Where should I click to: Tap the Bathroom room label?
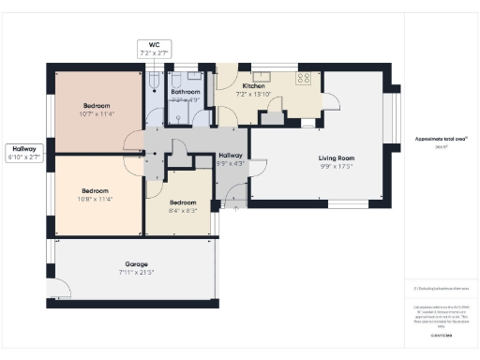point(185,92)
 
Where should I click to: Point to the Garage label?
point(137,264)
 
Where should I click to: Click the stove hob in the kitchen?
point(305,79)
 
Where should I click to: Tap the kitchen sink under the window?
point(262,75)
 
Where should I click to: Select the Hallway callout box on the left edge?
point(23,153)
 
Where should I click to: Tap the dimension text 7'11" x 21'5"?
point(137,273)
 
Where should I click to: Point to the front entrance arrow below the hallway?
point(235,199)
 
